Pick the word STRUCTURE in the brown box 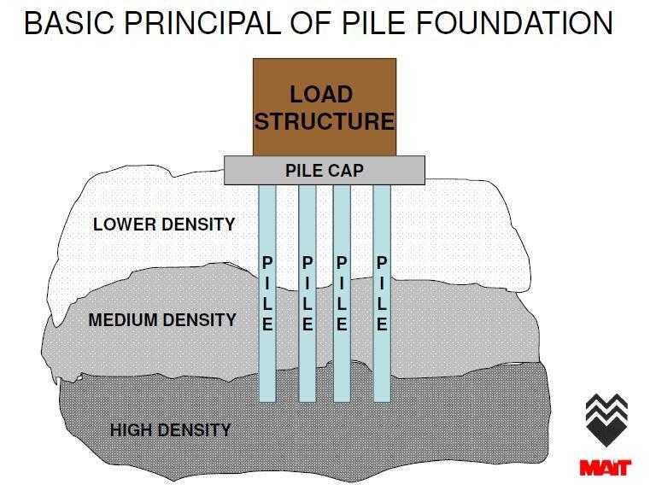click(x=325, y=121)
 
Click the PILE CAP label click(x=324, y=171)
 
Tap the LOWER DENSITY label click(x=164, y=225)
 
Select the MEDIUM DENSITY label click(x=162, y=321)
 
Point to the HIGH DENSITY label click(x=171, y=429)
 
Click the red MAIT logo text click(x=605, y=467)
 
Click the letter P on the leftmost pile click(x=267, y=263)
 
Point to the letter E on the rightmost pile click(x=382, y=325)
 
